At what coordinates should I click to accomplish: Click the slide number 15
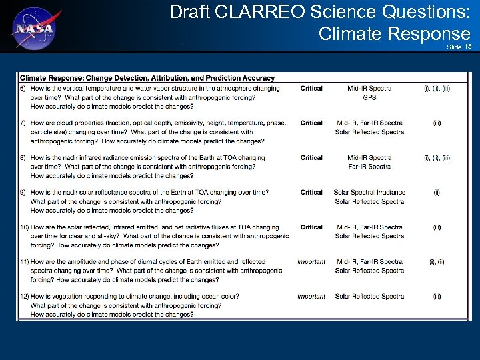tap(468, 47)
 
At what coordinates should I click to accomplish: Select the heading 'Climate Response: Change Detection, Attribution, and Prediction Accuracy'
tap(147, 77)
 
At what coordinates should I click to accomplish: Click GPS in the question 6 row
tap(369, 97)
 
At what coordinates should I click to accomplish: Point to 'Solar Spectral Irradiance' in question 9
tap(369, 193)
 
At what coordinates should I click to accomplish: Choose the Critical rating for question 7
tap(311, 123)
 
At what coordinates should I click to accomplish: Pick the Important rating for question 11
tap(311, 262)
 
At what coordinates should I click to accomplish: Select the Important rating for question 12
tap(311, 297)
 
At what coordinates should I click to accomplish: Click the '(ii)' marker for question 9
tap(437, 193)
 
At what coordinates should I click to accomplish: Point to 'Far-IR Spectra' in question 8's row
tap(369, 167)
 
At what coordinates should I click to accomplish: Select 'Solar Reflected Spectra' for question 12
tap(369, 297)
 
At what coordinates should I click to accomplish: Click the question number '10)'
tap(24, 227)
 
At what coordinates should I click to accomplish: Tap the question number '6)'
tap(23, 88)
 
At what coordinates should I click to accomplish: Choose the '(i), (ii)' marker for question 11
tap(437, 262)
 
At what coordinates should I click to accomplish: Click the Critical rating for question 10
tap(311, 227)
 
